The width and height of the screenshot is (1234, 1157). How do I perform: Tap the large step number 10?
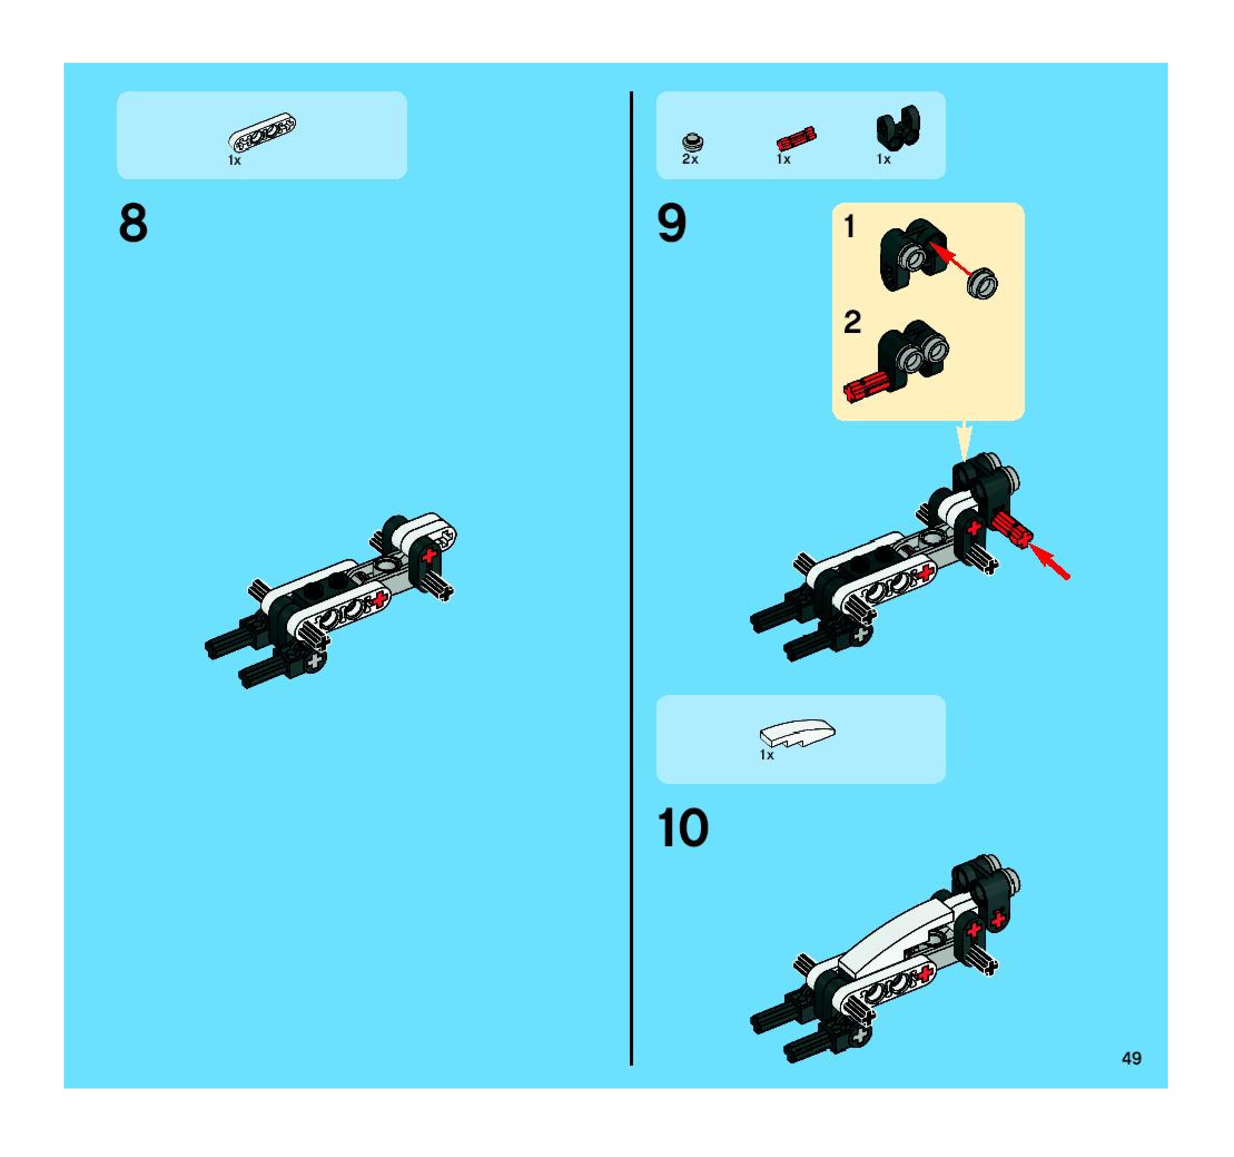pos(683,827)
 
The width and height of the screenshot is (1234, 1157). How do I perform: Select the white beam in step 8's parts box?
pos(262,131)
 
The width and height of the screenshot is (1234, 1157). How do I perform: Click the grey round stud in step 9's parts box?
pos(693,141)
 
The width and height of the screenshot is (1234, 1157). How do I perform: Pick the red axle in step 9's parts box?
pos(796,139)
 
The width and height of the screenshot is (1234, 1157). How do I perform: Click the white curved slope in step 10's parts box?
pos(798,733)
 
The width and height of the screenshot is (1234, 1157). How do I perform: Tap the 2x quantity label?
pos(690,159)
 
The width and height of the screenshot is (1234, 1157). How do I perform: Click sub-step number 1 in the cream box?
pos(850,227)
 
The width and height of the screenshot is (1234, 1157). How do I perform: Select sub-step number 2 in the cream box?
pos(852,322)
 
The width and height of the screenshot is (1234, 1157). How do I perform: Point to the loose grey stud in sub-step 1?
pos(982,284)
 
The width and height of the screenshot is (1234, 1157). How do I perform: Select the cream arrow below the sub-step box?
pos(964,441)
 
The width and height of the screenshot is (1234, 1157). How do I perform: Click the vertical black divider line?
pos(631,578)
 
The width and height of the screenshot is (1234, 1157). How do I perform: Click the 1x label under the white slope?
pos(767,755)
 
